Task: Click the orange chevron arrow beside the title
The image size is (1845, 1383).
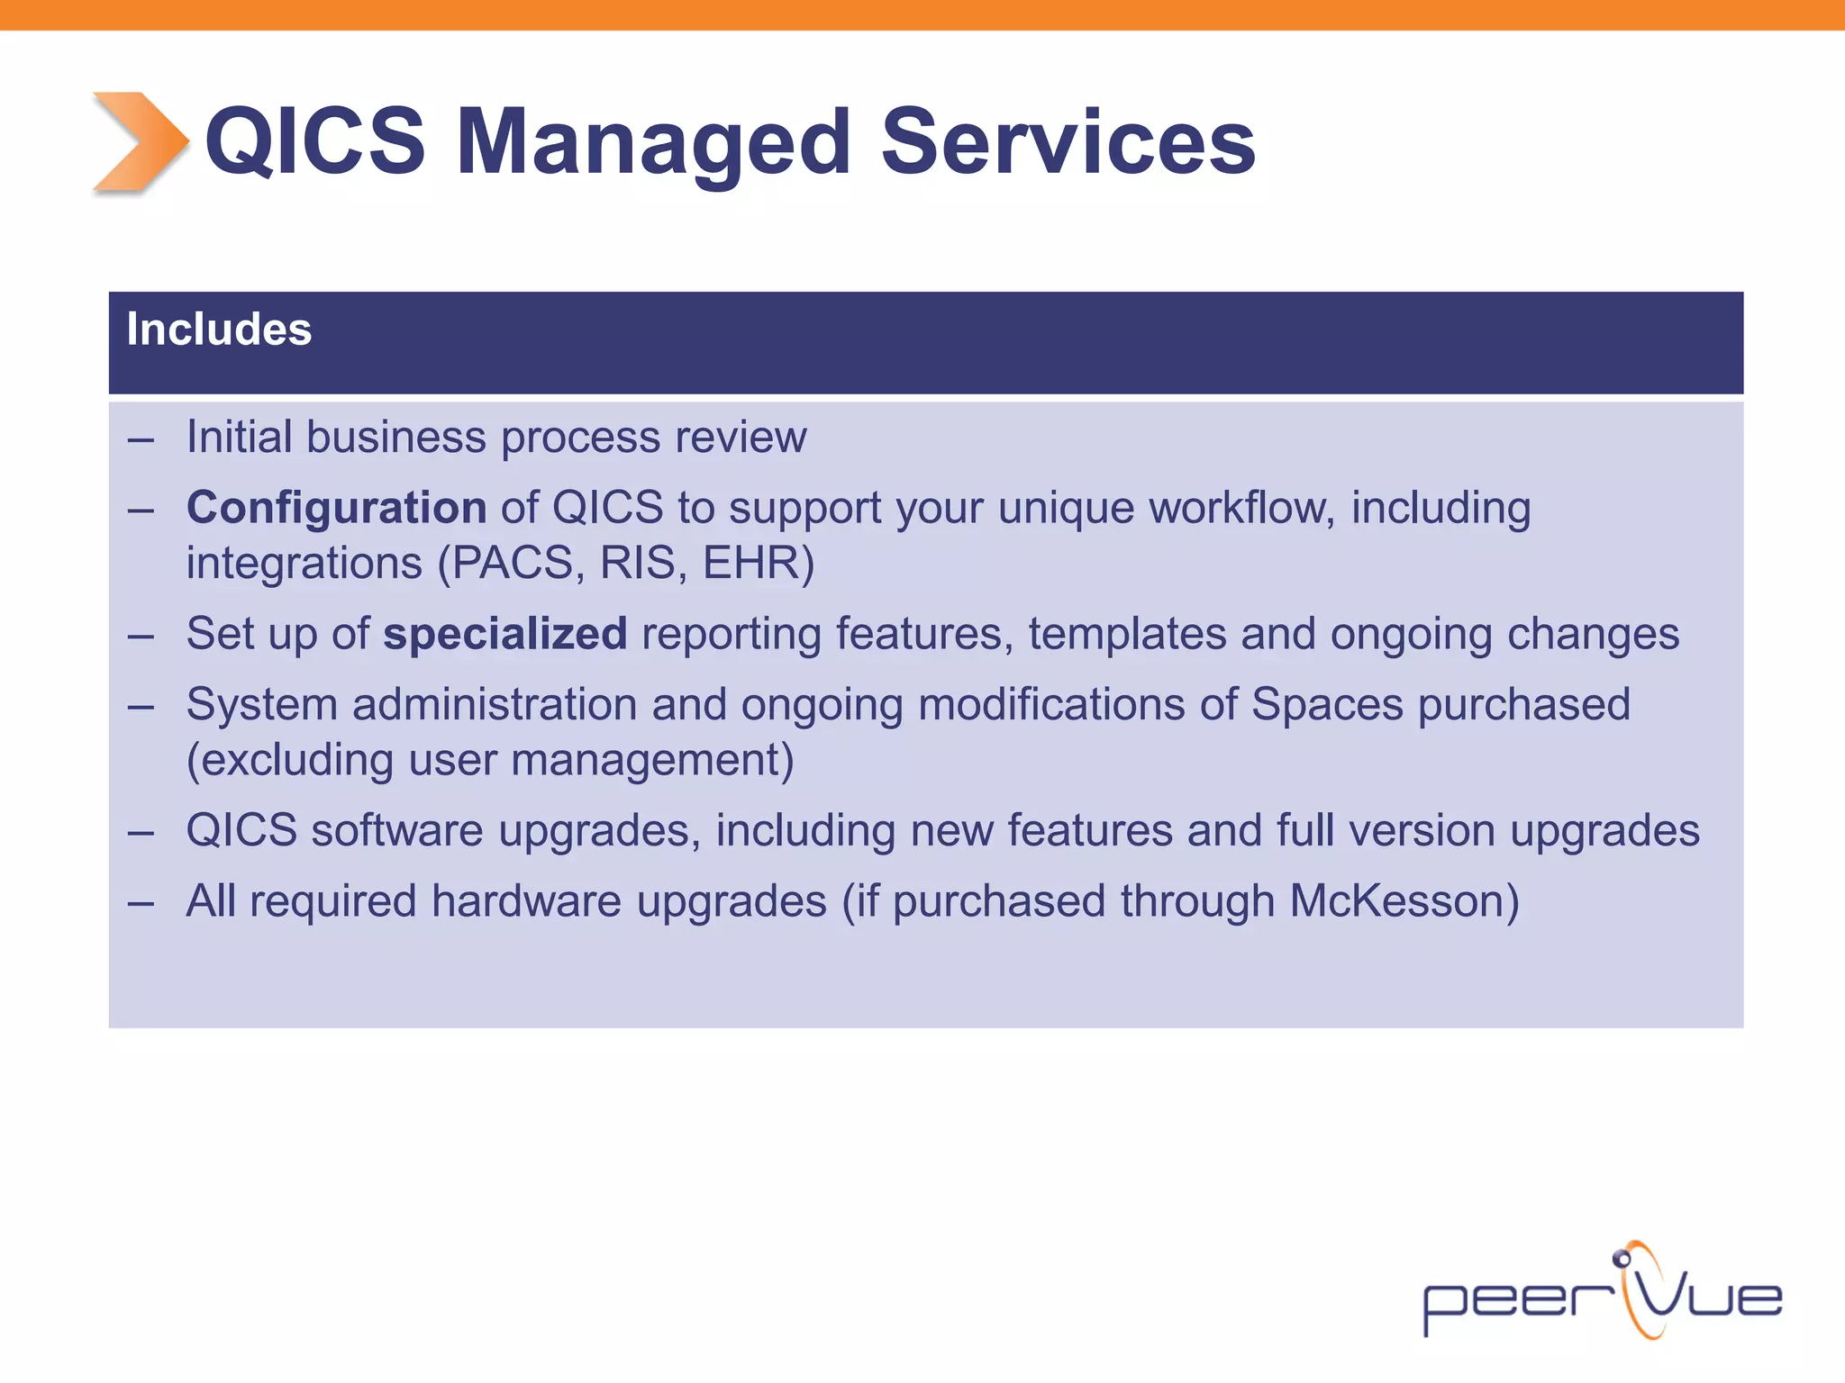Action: coord(140,141)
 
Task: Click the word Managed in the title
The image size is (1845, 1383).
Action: coord(653,141)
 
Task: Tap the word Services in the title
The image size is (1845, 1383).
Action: coord(1068,141)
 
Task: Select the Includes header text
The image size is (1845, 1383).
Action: coord(219,330)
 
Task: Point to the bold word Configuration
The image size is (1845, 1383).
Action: coord(336,508)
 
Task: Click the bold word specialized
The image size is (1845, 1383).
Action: coord(504,634)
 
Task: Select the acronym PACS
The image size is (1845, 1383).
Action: coord(512,564)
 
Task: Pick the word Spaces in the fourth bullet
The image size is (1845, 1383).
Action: coord(1327,704)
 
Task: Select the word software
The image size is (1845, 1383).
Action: coord(397,830)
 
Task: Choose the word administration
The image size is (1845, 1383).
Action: coord(495,704)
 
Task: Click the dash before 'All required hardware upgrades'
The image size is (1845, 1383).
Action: coord(141,902)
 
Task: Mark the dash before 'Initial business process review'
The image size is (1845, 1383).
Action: coord(141,439)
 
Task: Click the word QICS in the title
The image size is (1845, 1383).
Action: coord(315,141)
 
